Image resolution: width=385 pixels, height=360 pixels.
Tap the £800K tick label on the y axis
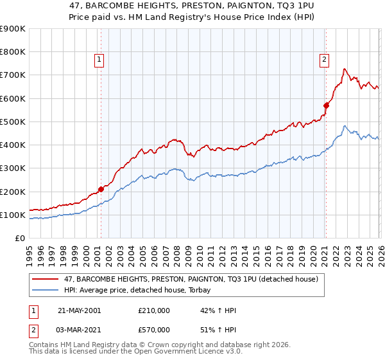(12, 52)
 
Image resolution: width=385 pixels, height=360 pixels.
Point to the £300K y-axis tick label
(12, 168)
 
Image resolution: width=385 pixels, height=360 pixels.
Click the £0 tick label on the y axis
(19, 239)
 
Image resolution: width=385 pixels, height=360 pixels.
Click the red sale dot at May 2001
(101, 189)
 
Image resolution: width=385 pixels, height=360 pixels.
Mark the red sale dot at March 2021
(326, 105)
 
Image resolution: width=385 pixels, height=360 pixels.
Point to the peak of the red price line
(345, 68)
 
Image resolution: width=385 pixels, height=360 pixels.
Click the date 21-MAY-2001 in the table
(79, 310)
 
